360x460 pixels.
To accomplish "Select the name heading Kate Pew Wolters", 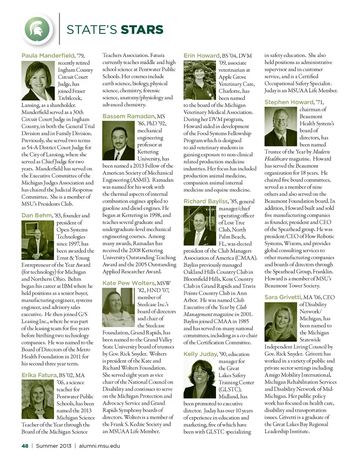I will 127,282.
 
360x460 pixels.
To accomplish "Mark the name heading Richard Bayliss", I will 205,202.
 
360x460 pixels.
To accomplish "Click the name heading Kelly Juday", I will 200,354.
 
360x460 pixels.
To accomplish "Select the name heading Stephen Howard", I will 289,102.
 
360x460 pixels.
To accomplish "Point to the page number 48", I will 25,446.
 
